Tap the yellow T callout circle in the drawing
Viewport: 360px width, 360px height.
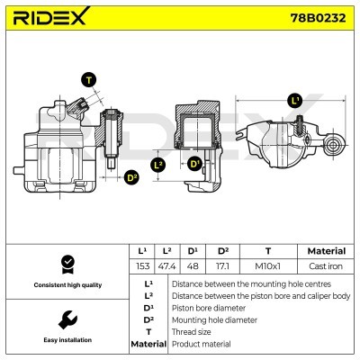(87, 80)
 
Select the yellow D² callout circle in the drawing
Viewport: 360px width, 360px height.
(131, 177)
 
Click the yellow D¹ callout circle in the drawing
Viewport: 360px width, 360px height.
(195, 164)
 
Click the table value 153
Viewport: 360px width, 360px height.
(142, 266)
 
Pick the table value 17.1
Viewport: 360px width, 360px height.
(222, 266)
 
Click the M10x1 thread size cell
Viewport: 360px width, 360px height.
(267, 266)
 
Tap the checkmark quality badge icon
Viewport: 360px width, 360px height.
(67, 264)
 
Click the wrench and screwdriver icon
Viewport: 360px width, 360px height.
(67, 319)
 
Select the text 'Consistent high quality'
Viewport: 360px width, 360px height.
(67, 285)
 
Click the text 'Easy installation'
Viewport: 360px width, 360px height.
(67, 340)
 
